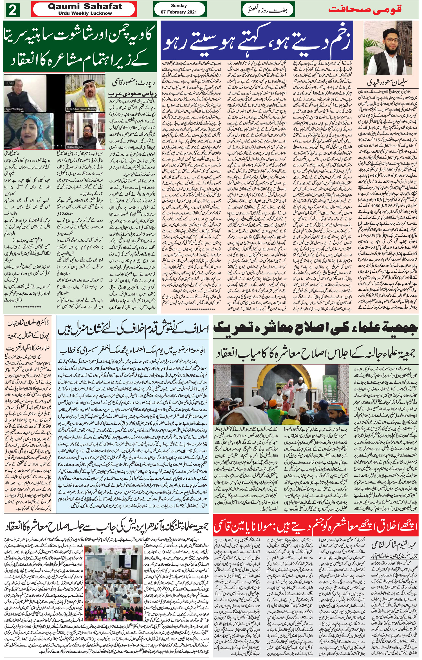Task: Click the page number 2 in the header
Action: coord(13,11)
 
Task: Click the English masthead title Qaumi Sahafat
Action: coord(85,7)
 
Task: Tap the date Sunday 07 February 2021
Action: coord(179,9)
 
